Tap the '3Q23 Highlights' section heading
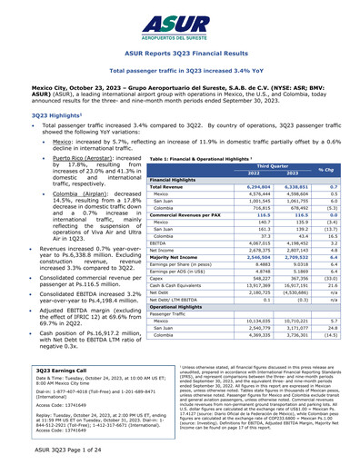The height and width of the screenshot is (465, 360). pyautogui.click(x=35, y=116)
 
